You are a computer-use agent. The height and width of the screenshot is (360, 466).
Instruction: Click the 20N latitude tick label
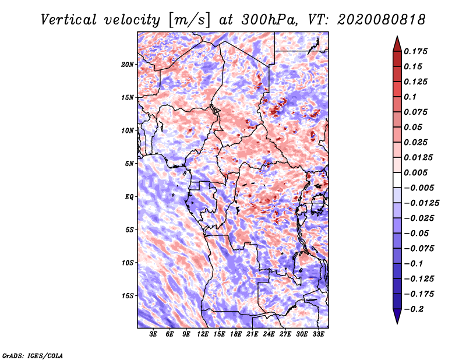[x=128, y=64]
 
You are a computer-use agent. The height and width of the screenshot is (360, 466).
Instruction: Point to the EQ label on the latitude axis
[x=129, y=196]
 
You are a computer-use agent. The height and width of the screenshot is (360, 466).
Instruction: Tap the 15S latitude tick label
[x=128, y=295]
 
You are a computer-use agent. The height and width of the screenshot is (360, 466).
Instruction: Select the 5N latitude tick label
[x=129, y=163]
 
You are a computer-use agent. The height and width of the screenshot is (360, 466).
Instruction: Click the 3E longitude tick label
[x=154, y=334]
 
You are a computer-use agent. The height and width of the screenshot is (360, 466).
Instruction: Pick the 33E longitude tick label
[x=318, y=334]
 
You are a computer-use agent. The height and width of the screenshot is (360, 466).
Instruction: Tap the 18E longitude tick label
[x=236, y=334]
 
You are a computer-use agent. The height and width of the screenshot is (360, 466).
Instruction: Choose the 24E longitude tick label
[x=269, y=334]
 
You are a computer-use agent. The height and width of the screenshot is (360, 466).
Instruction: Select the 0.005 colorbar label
[x=417, y=173]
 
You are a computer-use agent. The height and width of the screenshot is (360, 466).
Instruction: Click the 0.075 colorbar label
[x=417, y=112]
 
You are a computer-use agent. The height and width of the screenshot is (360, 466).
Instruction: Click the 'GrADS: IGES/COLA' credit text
[x=32, y=355]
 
